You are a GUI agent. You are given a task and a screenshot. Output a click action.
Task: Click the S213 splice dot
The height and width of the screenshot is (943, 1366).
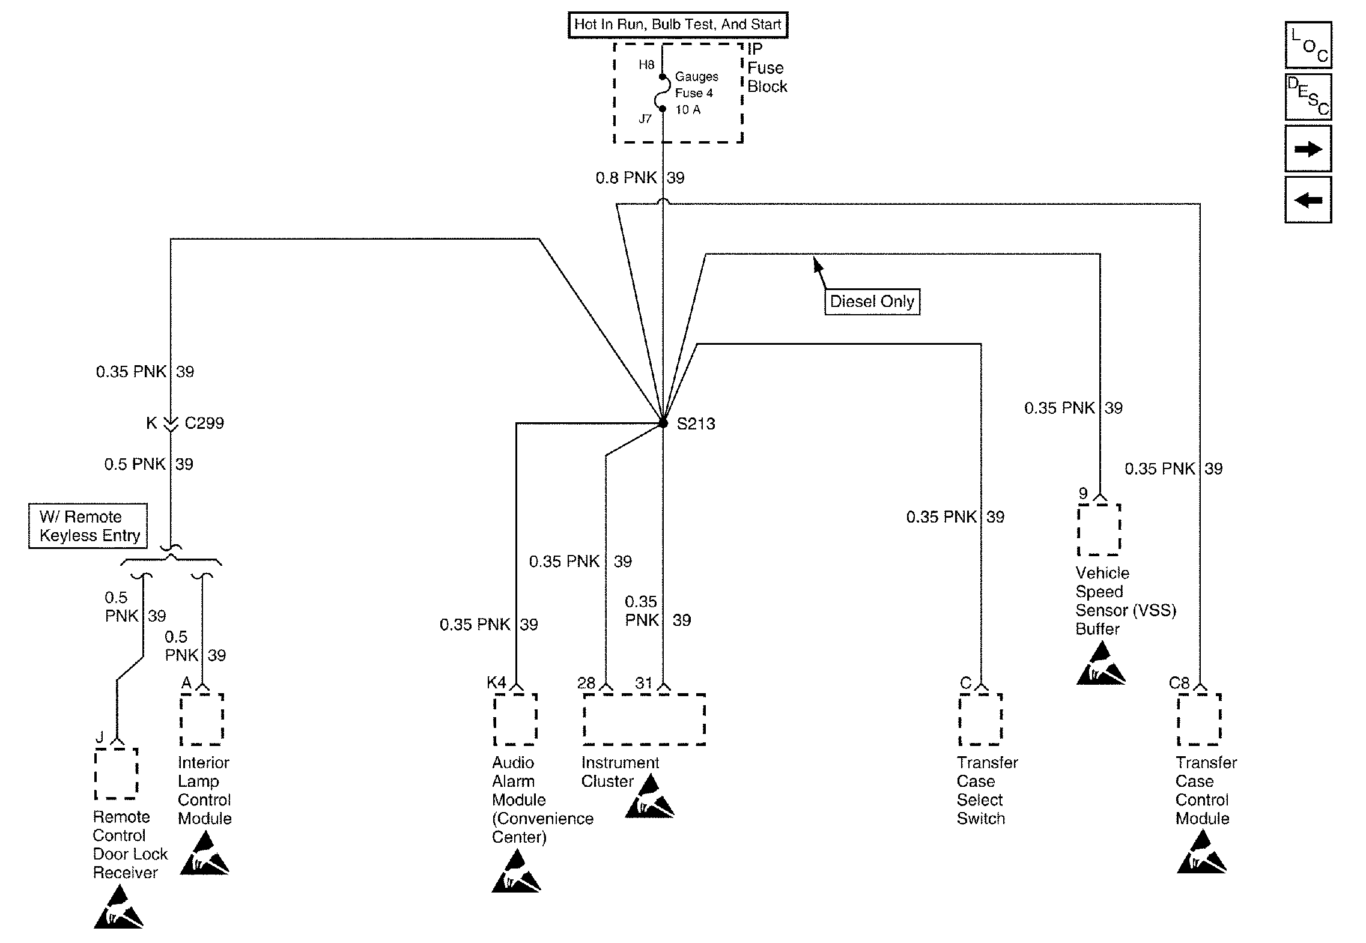[663, 423]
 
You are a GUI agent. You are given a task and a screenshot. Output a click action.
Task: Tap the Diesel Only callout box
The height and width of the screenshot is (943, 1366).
[872, 302]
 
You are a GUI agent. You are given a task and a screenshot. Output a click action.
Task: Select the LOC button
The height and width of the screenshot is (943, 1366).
[1308, 45]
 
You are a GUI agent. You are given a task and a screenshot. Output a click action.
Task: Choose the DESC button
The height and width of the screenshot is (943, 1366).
[1308, 97]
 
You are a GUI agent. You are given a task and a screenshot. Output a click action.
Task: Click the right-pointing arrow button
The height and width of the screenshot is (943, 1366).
[1308, 148]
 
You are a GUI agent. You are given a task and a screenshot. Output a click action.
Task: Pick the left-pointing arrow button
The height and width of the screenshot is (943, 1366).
[1308, 199]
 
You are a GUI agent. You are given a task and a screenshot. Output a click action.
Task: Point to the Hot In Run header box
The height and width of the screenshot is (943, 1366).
[678, 25]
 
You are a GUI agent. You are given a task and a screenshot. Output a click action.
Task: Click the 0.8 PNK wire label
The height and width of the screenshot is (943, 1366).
[627, 178]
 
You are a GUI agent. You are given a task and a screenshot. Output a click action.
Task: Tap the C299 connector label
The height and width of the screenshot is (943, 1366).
[204, 423]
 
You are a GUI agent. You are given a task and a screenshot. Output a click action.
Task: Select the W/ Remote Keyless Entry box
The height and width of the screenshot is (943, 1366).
[88, 526]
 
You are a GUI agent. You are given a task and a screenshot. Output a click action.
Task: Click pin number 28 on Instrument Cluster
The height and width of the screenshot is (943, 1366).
[586, 683]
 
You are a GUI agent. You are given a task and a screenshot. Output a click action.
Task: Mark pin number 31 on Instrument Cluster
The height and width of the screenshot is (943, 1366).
[644, 683]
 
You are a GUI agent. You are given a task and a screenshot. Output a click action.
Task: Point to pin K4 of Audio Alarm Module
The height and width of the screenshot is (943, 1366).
[497, 683]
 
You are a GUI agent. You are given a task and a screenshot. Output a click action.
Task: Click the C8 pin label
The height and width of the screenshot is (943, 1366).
[1179, 683]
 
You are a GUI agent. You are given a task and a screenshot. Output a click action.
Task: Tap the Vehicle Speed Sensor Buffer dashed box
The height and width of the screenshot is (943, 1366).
[1099, 529]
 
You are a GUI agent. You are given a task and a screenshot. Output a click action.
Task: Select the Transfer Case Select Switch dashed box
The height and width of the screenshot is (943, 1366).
[980, 719]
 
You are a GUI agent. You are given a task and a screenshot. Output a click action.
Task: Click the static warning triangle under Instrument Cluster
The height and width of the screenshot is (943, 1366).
[649, 797]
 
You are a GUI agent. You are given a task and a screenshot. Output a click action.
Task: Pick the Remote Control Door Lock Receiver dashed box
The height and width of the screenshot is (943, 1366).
[117, 774]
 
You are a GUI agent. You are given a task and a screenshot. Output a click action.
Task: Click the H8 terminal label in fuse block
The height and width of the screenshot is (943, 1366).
[646, 65]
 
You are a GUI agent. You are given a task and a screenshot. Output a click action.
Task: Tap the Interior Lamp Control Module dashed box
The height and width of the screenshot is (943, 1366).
[202, 719]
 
